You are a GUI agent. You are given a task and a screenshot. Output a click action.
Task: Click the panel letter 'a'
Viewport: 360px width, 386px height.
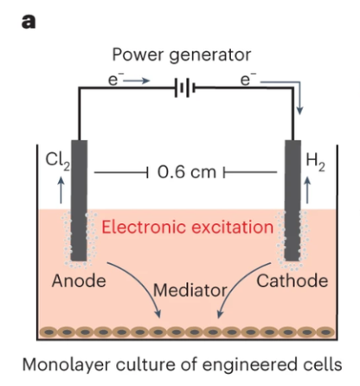(x=29, y=22)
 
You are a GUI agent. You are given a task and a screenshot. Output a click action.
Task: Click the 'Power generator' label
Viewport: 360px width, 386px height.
(x=182, y=55)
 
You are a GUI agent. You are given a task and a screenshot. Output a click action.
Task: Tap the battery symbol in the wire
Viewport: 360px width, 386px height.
(x=185, y=87)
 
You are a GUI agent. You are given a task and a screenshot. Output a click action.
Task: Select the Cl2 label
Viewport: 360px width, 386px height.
(x=58, y=161)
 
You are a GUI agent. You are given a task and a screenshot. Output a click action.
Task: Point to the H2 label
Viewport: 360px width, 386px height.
(x=315, y=162)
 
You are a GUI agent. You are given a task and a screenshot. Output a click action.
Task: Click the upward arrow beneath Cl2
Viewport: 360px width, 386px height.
(x=61, y=190)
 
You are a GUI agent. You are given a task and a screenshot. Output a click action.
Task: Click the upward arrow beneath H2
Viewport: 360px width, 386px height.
(x=307, y=190)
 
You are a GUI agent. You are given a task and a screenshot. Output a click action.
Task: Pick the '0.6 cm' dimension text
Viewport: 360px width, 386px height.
(x=187, y=172)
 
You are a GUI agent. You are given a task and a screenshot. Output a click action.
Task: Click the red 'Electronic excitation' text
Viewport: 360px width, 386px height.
(x=188, y=227)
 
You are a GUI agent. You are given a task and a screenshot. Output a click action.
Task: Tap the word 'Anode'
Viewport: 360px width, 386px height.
(x=79, y=280)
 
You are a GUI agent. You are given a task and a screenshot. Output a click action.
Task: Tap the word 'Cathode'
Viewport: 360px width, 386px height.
(x=292, y=280)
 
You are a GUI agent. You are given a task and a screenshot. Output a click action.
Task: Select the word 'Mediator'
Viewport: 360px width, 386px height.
(x=190, y=290)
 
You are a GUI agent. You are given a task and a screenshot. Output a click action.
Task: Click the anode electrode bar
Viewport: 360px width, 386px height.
(x=80, y=200)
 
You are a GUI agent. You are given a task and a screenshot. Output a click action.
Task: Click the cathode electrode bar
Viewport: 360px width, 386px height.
(x=292, y=200)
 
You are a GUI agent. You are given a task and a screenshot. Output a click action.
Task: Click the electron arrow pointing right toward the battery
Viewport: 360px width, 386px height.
(x=137, y=80)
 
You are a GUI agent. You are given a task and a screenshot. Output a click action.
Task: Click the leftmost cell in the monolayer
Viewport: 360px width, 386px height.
(x=49, y=332)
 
